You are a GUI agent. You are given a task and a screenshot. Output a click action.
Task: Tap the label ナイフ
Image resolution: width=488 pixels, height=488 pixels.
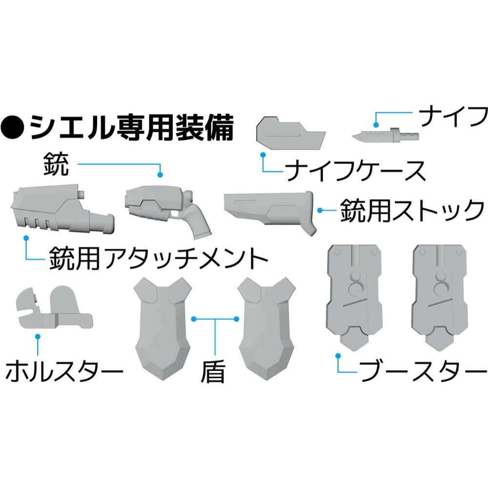453,116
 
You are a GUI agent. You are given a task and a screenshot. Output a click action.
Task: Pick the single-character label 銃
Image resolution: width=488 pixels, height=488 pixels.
56,164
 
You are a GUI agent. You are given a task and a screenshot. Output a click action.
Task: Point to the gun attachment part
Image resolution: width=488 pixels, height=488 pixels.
62,209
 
